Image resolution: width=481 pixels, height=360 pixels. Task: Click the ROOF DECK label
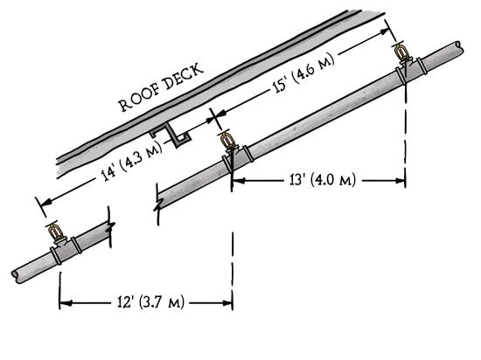161,87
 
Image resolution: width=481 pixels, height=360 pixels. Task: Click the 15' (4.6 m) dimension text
303,73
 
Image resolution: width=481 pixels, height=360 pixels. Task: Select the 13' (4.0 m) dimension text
323,180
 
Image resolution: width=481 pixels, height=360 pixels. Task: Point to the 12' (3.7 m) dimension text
151,302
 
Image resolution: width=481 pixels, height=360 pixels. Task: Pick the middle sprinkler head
227,142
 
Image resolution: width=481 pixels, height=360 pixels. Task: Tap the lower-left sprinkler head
55,232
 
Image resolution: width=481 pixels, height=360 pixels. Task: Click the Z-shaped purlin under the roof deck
171,135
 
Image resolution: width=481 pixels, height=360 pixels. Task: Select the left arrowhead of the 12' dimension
66,303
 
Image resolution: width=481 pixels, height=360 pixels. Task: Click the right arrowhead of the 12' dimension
227,303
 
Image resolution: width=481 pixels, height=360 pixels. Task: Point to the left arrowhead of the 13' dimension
239,181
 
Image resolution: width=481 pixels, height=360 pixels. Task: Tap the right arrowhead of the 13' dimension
400,181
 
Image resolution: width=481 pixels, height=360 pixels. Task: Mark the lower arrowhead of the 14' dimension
45,202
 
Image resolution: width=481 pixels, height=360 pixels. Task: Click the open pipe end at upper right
459,47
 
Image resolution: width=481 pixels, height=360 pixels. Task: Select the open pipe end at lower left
15,277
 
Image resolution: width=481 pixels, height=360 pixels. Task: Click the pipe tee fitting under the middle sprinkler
238,158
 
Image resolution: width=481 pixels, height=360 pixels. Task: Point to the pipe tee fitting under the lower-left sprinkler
66,249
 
